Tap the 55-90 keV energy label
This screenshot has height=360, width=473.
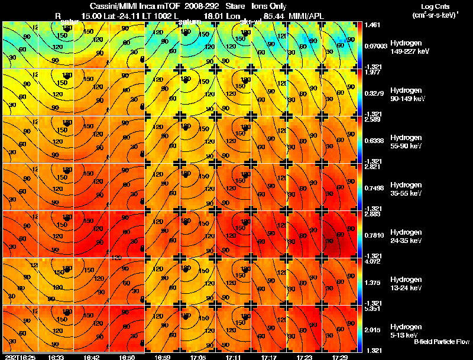[x=406, y=146]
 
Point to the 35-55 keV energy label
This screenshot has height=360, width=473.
[x=406, y=193]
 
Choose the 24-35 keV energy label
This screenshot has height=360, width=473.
[x=406, y=241]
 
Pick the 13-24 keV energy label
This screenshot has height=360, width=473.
[x=406, y=288]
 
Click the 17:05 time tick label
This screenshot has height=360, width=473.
[x=198, y=357]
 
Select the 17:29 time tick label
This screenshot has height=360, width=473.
[x=341, y=357]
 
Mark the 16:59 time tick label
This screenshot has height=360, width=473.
[x=163, y=357]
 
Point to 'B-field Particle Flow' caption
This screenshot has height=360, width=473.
[x=442, y=342]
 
